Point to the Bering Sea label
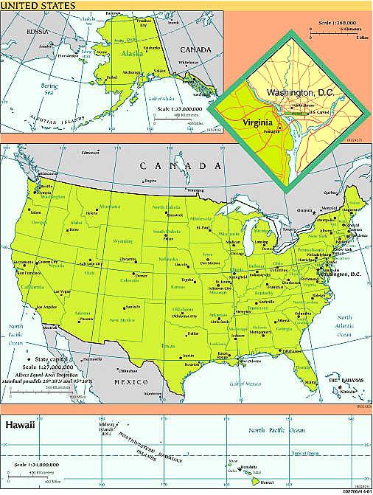pyautogui.click(x=49, y=89)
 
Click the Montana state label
pyautogui.click(x=109, y=207)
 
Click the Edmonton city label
pyautogui.click(x=89, y=152)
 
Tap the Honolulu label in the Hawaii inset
pyautogui.click(x=248, y=466)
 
